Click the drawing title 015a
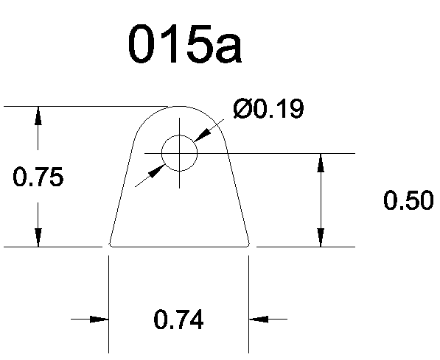tap(185, 43)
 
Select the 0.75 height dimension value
tap(38, 177)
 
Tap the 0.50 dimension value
tap(408, 200)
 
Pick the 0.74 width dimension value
tap(178, 320)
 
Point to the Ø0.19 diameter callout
tap(268, 108)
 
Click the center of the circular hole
tap(179, 153)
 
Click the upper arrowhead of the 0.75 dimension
tap(38, 116)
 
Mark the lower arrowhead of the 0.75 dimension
tap(38, 238)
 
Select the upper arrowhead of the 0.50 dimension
tap(321, 163)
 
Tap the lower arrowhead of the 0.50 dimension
tap(321, 238)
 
